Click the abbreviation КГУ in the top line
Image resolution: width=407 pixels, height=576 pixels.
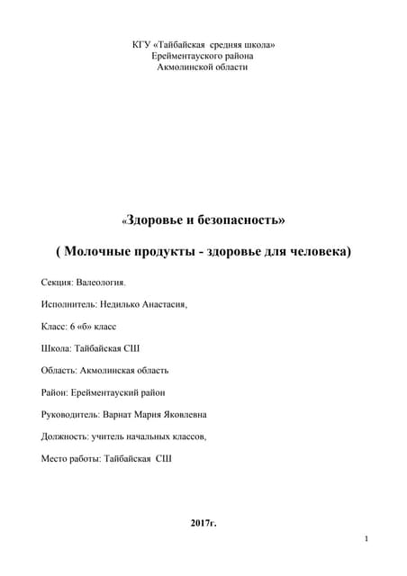[141, 44]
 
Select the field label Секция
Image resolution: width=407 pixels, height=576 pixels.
[57, 283]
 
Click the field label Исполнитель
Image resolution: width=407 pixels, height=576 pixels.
[68, 305]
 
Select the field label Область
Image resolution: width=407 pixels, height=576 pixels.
[59, 370]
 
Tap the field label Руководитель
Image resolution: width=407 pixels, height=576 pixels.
[71, 414]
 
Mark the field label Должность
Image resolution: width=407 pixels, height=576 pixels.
[65, 436]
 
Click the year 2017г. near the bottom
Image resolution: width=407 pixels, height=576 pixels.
[203, 523]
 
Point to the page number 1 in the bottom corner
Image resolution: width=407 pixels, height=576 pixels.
[367, 538]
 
